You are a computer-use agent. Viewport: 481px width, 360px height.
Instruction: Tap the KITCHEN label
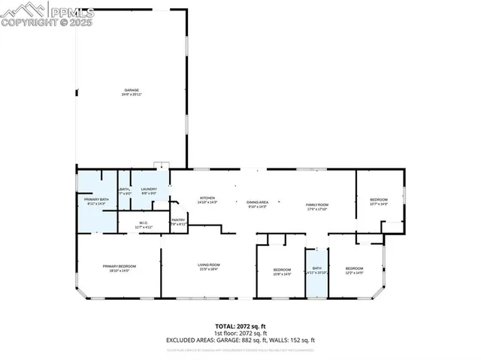[186, 199]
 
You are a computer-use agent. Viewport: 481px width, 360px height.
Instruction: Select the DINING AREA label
[258, 202]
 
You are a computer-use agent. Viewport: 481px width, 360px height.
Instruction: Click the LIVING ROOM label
[208, 265]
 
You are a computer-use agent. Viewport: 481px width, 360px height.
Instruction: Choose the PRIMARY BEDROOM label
[119, 267]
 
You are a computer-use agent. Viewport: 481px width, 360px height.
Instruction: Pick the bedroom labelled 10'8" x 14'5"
[282, 270]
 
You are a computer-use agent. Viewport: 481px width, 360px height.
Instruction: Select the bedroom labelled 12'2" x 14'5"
[354, 270]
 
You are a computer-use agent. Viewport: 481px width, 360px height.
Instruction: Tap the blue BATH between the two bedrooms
[316, 269]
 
